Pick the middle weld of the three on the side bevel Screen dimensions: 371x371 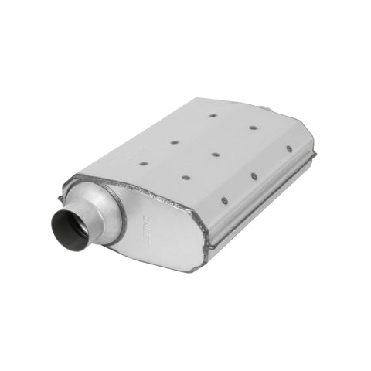point(254,176)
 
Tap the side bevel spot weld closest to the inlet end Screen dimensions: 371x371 point(225,200)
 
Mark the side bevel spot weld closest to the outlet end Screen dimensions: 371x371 point(289,149)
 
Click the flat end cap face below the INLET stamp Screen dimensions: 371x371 point(166,247)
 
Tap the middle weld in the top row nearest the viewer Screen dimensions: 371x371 point(186,177)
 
